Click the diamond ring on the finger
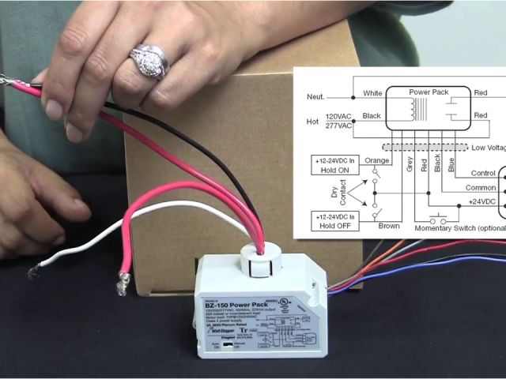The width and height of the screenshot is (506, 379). click(149, 61)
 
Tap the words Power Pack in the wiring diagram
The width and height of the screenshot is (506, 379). click(429, 92)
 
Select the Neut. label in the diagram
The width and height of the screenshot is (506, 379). click(315, 97)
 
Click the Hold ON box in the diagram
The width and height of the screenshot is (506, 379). click(335, 165)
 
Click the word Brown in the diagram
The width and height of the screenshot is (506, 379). click(389, 225)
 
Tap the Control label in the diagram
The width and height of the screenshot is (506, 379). click(482, 173)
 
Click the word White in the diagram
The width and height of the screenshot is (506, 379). click(372, 93)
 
